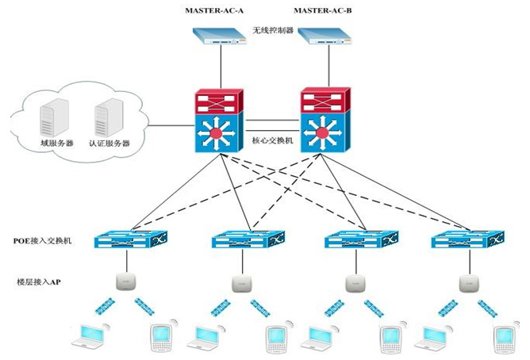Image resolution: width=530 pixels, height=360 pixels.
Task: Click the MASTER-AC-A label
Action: click(214, 10)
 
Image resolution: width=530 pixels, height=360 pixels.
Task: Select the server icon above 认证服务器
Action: click(106, 117)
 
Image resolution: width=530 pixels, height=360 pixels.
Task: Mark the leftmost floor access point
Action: click(122, 281)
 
